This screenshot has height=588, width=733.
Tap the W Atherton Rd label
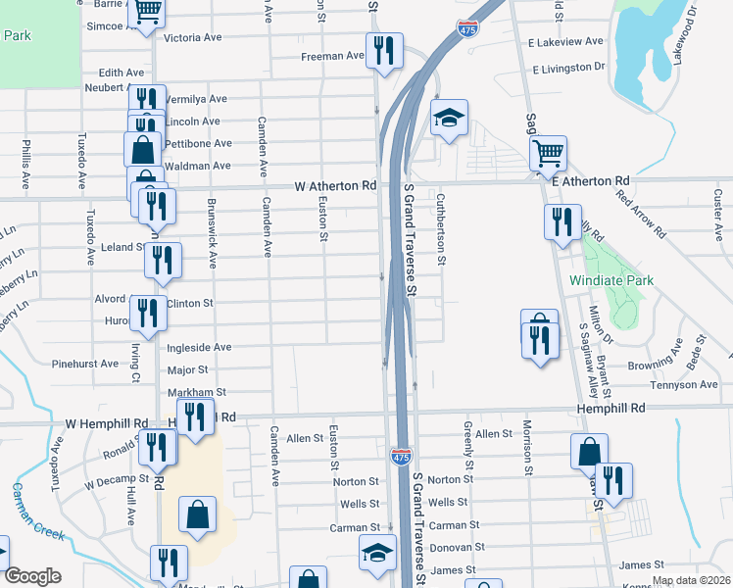click(335, 185)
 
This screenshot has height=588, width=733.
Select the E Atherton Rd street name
click(590, 182)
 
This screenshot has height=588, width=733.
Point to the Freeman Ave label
click(332, 56)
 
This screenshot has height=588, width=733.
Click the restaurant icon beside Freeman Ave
click(383, 50)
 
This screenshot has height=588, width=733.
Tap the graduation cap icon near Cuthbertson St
click(449, 119)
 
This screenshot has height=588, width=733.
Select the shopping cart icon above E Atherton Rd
click(548, 152)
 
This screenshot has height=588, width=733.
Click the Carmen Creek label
click(38, 511)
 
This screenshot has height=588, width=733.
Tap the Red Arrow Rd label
click(640, 215)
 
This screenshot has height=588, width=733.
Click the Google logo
click(32, 576)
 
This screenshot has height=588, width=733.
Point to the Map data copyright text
click(691, 580)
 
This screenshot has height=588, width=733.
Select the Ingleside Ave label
click(199, 347)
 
